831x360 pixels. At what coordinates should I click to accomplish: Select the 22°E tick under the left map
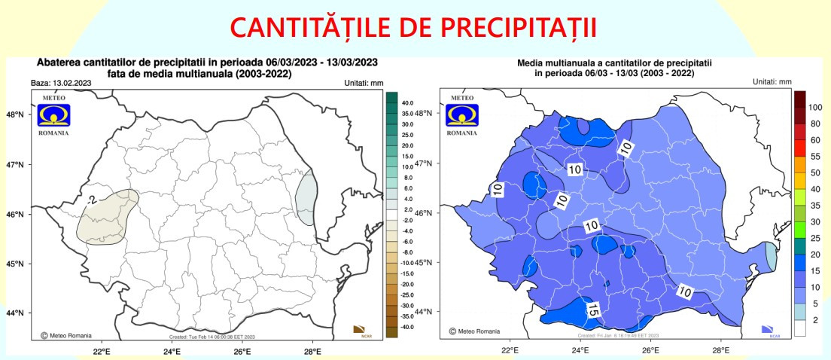click(102, 350)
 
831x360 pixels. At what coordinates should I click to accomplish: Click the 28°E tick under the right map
click(721, 350)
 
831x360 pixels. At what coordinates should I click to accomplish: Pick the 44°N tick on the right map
click(425, 311)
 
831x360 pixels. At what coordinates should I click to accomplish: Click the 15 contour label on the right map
click(592, 308)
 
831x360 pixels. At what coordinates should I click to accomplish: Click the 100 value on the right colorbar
click(815, 108)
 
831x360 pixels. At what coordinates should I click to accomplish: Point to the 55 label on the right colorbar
click(815, 157)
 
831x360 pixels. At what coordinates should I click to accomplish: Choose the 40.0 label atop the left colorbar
click(407, 102)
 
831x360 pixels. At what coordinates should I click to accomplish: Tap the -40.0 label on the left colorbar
click(407, 327)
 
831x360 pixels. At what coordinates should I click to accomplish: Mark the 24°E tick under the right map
click(580, 350)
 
